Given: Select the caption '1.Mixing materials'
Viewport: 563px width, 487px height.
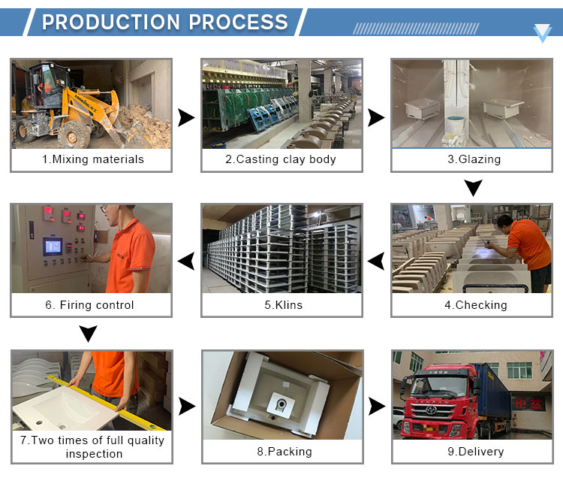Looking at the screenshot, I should (92, 159).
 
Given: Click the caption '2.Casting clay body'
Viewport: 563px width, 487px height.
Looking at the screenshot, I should (281, 159).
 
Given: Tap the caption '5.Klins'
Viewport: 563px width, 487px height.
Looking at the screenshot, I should (281, 305).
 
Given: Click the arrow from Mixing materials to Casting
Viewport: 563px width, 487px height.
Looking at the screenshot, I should (185, 117).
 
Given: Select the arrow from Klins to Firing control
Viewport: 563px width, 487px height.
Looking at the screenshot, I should (185, 262).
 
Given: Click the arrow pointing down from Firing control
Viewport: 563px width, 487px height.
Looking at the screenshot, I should (89, 334).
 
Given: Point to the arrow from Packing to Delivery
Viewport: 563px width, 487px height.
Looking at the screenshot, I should (377, 407).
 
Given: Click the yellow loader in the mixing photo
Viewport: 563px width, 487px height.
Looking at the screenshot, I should (64, 105).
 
